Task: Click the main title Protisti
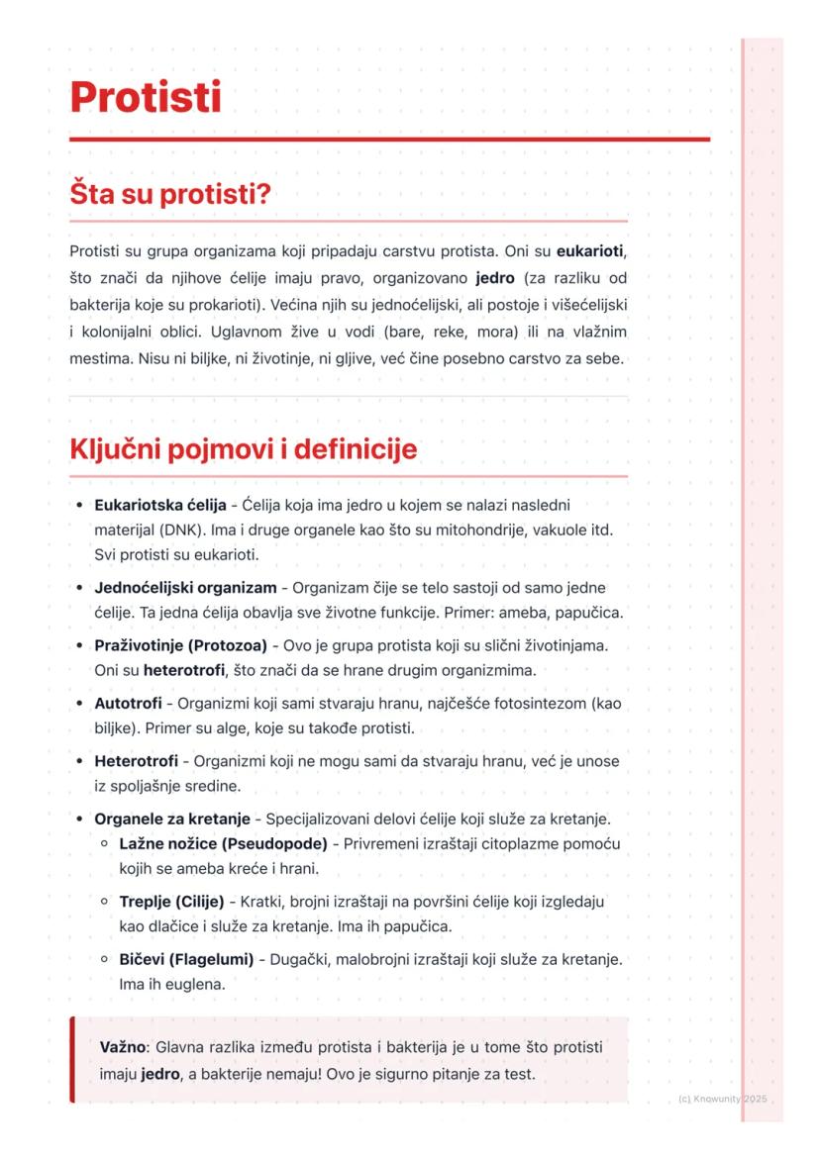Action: tap(146, 98)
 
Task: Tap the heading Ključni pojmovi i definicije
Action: tap(243, 449)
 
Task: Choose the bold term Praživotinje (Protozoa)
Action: tap(180, 645)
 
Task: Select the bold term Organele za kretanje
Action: tap(171, 820)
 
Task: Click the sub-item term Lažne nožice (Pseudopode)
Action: tap(223, 844)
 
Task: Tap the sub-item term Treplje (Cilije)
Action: tap(171, 903)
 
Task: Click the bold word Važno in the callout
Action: tap(123, 1047)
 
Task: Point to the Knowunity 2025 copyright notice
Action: tap(723, 1100)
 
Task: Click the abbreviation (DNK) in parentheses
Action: tap(178, 530)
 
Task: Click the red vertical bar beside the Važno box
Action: tap(72, 1059)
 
